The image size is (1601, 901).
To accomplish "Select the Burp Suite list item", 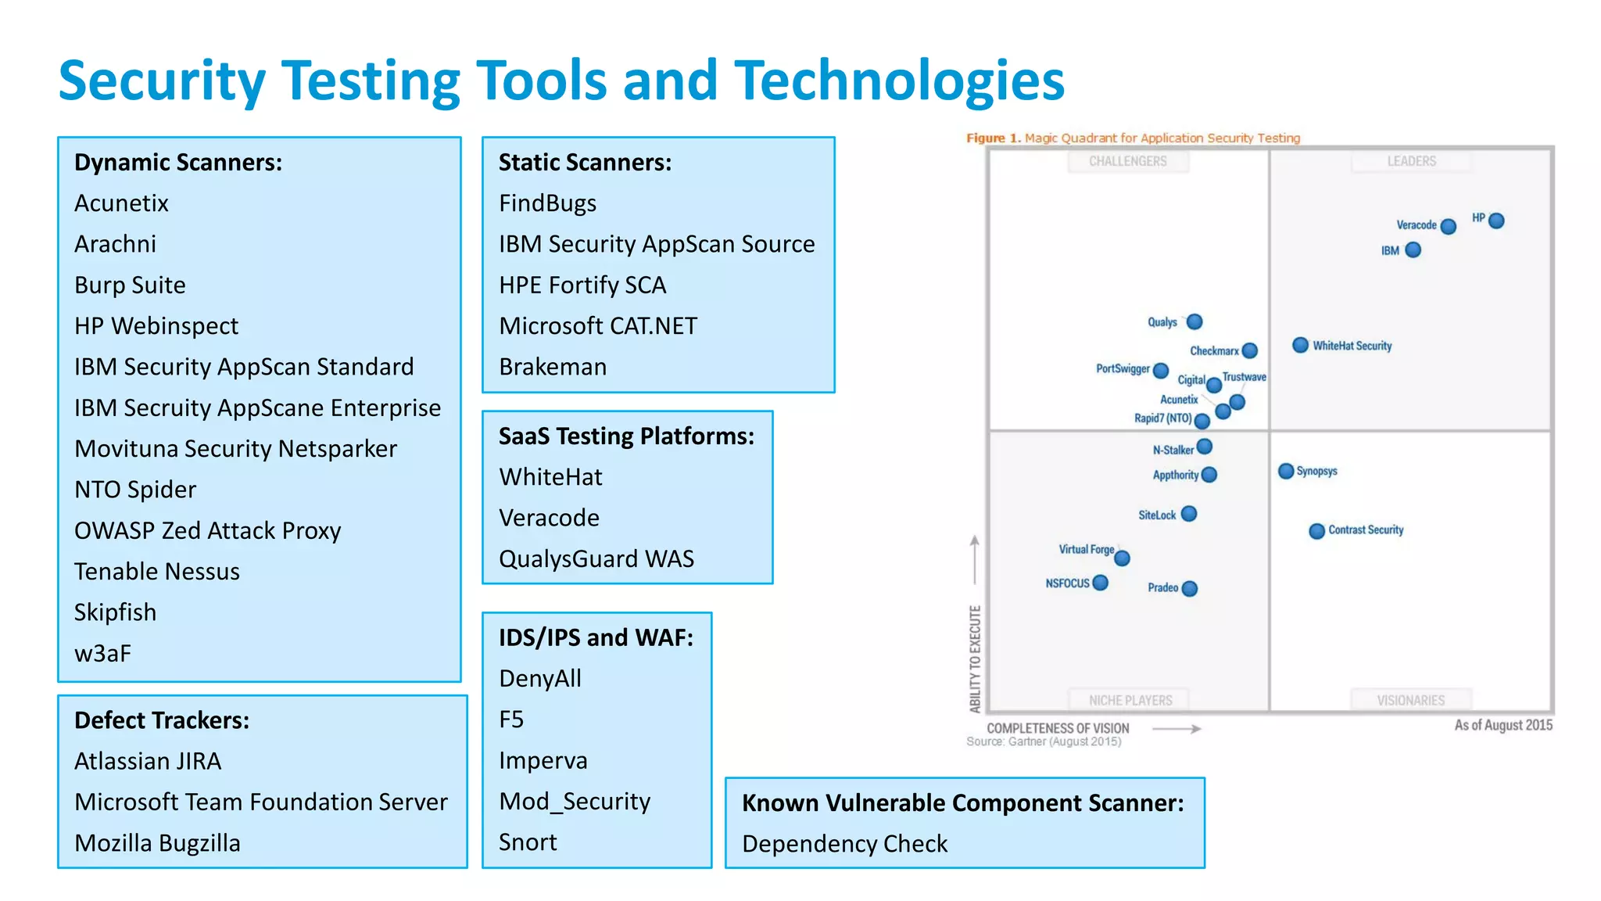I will tap(130, 285).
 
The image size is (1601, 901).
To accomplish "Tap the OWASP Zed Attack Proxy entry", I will tap(207, 530).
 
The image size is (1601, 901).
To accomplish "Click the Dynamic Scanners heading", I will tap(178, 162).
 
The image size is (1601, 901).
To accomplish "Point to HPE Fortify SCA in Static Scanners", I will tap(582, 285).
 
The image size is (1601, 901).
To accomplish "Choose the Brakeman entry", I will tap(553, 367).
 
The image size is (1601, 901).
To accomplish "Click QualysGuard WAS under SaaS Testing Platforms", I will tap(596, 558).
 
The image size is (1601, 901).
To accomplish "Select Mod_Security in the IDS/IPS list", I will tap(575, 801).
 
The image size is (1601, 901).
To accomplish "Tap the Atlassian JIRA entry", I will tap(148, 761).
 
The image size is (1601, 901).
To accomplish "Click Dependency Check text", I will tap(844, 844).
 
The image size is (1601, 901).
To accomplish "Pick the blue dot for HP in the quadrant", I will tap(1496, 221).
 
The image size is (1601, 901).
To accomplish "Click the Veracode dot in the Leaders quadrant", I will tap(1448, 226).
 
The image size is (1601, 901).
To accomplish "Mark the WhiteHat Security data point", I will tap(1300, 345).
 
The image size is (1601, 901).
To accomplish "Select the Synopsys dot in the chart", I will tap(1286, 471).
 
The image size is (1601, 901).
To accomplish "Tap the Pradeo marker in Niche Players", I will tap(1190, 588).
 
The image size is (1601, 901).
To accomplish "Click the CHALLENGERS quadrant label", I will tap(1127, 161).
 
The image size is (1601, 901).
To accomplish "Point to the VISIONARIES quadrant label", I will tap(1410, 700).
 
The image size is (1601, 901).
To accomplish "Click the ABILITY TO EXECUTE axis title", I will tap(975, 659).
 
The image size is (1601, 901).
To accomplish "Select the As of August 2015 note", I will tap(1503, 725).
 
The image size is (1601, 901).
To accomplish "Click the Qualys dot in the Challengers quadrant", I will tap(1194, 321).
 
